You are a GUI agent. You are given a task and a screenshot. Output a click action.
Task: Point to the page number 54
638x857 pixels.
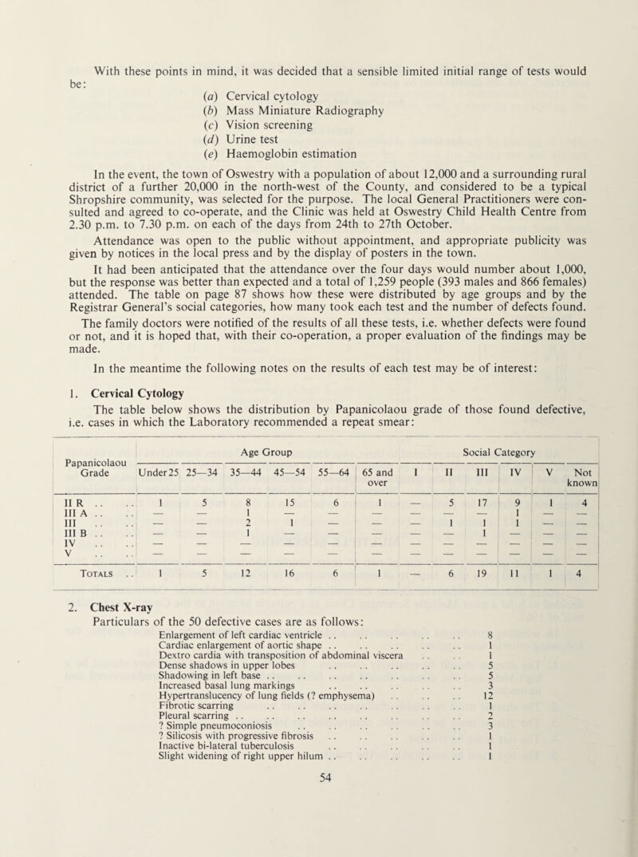(318, 848)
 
